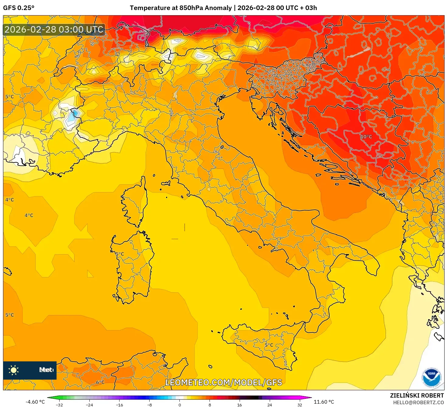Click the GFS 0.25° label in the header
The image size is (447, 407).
(19, 8)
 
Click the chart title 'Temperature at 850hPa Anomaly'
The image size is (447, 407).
(181, 8)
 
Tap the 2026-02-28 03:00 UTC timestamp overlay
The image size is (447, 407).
(54, 30)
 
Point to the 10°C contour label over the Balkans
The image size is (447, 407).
(366, 137)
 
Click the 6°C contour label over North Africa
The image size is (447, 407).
(100, 382)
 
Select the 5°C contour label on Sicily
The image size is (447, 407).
(269, 345)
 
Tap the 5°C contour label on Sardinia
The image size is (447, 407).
(120, 254)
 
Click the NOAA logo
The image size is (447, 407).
(431, 377)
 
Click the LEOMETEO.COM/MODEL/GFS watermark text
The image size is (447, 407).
(223, 382)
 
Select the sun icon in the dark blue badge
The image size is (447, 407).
(14, 370)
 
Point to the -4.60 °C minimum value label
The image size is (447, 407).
(35, 402)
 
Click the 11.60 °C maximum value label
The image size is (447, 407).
(324, 402)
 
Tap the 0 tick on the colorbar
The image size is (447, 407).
(179, 405)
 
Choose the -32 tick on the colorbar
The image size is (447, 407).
(59, 405)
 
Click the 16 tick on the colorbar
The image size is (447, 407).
(239, 405)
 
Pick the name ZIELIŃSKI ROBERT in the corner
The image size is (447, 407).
(417, 395)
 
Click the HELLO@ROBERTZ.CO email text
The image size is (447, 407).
(418, 402)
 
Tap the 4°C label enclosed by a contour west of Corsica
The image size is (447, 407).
(29, 215)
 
